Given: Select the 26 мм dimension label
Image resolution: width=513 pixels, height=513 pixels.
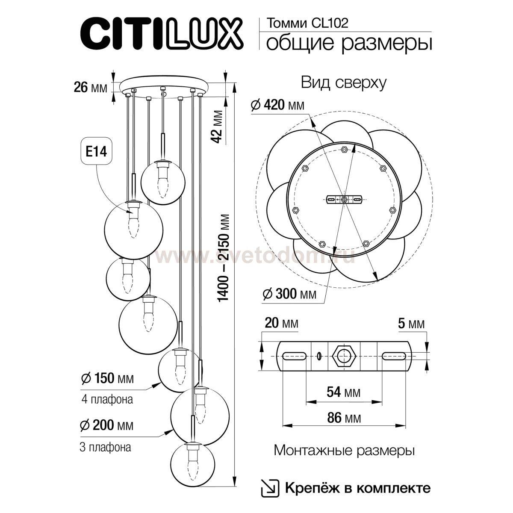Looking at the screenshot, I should pyautogui.click(x=90, y=88).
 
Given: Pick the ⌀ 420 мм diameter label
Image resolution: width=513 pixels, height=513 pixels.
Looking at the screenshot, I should pyautogui.click(x=277, y=104).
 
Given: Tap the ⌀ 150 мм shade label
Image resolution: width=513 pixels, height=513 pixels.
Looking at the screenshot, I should pyautogui.click(x=107, y=378).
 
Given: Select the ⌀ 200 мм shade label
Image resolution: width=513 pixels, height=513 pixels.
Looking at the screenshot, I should pyautogui.click(x=107, y=426).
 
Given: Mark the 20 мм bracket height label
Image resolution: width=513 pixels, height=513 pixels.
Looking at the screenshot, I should pyautogui.click(x=281, y=324).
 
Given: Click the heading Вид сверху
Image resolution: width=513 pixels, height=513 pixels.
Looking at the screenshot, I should pyautogui.click(x=344, y=83).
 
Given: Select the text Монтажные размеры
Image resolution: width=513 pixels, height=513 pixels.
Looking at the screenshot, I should pyautogui.click(x=344, y=451).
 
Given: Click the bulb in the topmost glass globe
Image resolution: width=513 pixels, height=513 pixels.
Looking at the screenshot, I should pyautogui.click(x=162, y=181).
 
